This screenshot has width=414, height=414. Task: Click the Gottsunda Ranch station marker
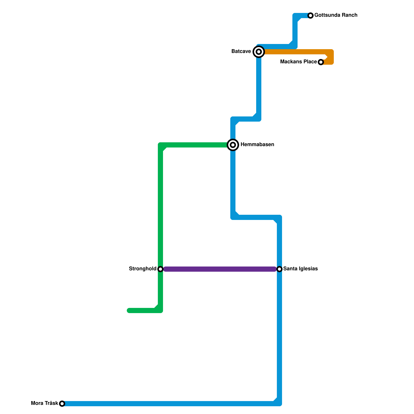(310, 16)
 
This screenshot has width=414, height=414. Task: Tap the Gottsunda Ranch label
(336, 15)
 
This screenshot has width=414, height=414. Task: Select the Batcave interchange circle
(259, 52)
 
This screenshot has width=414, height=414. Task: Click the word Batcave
(241, 51)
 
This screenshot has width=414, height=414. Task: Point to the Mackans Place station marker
(321, 62)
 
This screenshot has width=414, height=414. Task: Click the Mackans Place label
(298, 62)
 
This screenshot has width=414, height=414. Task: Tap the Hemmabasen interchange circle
(233, 145)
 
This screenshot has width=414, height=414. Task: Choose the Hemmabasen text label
(257, 145)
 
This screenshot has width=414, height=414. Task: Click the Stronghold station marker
(160, 269)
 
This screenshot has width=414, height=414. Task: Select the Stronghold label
(143, 269)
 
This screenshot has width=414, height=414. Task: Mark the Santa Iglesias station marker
(279, 269)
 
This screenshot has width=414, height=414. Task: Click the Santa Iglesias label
(300, 269)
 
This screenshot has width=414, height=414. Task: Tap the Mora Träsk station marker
(62, 404)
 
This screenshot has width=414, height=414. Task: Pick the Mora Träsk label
(45, 403)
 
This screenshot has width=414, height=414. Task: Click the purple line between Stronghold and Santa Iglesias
(220, 269)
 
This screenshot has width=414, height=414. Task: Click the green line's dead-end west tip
(129, 310)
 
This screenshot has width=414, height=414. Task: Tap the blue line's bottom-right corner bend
(279, 403)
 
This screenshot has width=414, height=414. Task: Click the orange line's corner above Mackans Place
(331, 52)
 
